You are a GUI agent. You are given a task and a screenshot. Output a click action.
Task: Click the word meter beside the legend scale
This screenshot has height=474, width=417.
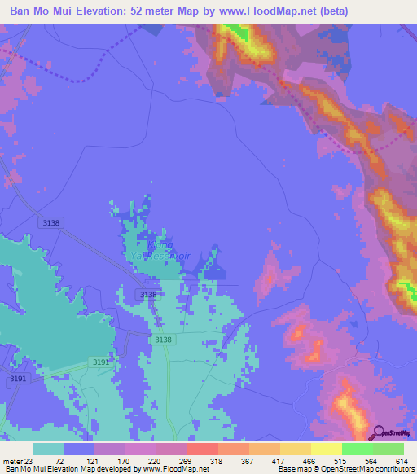(11, 460)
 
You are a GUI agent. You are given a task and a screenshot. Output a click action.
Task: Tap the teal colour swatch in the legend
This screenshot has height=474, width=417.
(48, 449)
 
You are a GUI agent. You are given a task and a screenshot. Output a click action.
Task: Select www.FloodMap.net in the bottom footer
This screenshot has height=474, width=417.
(174, 469)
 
